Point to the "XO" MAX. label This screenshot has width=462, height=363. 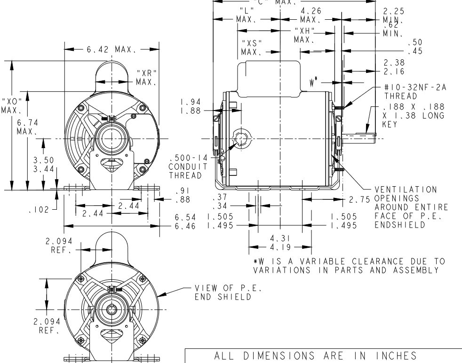point(11,106)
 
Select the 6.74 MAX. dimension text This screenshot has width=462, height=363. point(27,127)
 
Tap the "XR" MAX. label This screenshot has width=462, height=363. point(146,78)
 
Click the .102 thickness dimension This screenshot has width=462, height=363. point(39,210)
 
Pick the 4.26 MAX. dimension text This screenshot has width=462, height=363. point(311,16)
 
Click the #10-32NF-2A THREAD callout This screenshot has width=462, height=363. point(415,92)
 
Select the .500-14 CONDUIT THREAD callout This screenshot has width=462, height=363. point(188,166)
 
